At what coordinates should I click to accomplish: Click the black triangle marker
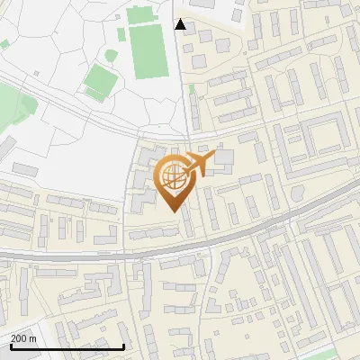(181, 24)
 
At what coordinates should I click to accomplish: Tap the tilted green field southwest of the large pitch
(100, 83)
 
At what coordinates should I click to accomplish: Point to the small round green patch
(110, 54)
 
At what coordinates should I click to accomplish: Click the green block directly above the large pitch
(140, 14)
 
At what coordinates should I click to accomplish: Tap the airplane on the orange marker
(198, 164)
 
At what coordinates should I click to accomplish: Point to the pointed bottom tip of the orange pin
(174, 211)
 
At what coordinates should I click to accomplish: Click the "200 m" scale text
(23, 338)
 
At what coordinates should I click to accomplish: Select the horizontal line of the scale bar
(67, 346)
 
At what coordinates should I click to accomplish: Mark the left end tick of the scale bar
(12, 345)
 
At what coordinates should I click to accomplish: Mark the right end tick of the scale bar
(123, 345)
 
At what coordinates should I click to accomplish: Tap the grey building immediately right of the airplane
(223, 160)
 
